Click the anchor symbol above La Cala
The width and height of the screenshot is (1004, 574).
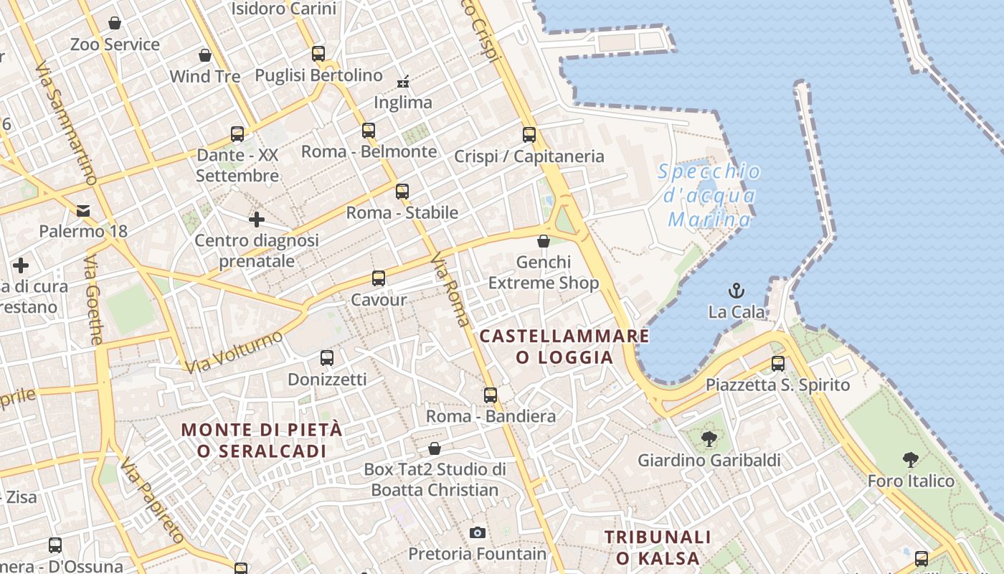737,291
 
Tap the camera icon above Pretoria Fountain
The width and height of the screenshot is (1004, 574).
477,532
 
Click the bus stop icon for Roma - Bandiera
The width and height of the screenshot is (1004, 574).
491,395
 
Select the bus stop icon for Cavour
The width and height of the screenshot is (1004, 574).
378,278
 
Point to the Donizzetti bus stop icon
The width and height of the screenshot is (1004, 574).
327,357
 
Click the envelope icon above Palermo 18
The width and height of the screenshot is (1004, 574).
83,210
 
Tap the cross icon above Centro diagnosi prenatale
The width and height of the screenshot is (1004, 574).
257,219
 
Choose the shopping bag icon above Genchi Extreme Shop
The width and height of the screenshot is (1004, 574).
544,241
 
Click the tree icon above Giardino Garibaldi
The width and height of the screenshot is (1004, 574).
709,438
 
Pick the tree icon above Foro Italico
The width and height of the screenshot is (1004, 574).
911,459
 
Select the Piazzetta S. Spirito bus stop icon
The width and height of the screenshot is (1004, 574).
778,363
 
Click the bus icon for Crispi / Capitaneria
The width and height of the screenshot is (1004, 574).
529,134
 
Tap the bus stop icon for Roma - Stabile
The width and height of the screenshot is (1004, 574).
402,191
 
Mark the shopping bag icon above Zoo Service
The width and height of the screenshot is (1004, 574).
115,23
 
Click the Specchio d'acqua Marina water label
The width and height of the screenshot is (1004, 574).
709,195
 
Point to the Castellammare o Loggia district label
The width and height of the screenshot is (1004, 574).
564,347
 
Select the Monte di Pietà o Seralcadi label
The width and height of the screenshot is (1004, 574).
262,441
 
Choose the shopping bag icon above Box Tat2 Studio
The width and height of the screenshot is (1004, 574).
434,448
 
